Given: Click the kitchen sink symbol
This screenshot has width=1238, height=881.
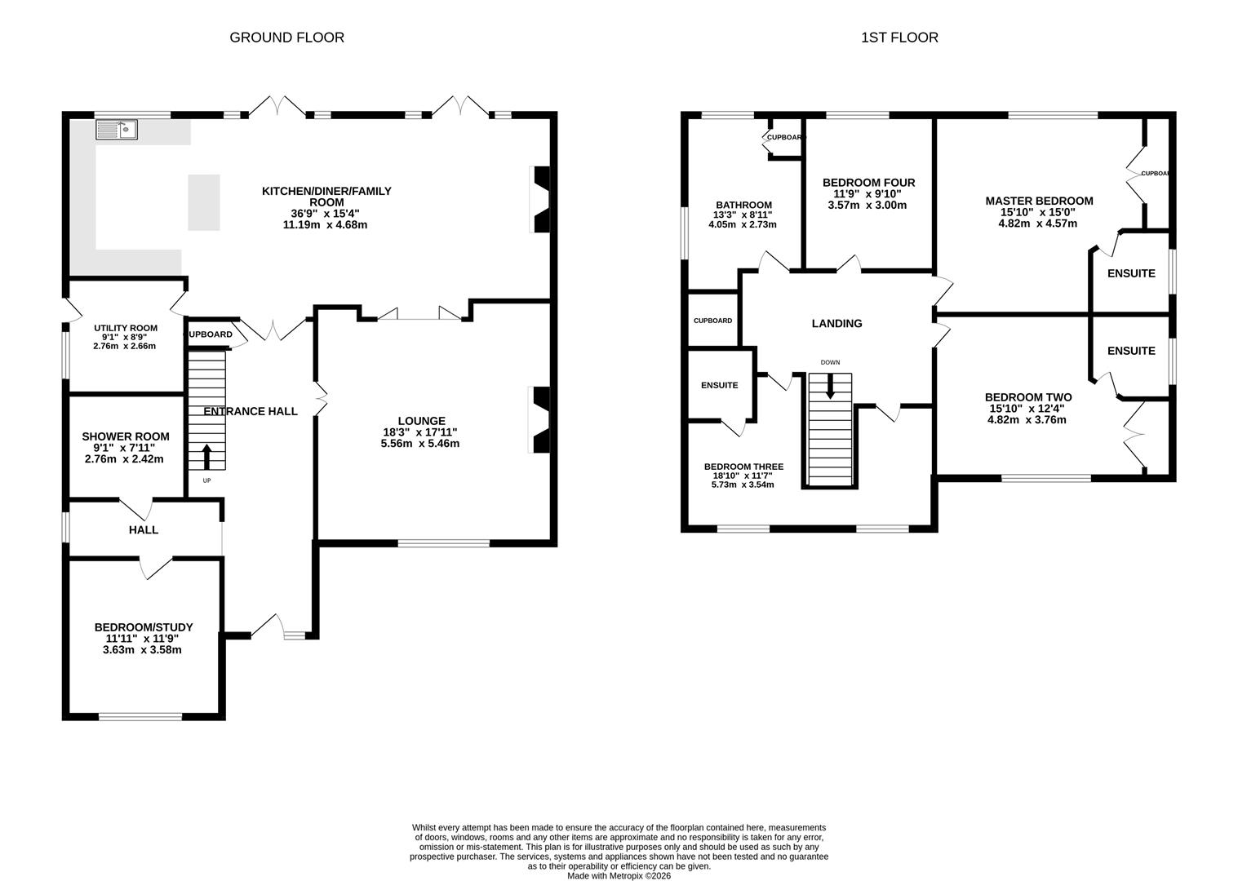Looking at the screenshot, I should (x=117, y=129).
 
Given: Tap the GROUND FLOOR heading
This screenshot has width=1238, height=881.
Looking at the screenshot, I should (x=286, y=38).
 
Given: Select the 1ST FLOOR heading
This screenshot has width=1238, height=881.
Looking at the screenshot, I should (x=899, y=38).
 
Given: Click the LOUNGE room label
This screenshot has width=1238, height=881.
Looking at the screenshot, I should (x=421, y=421).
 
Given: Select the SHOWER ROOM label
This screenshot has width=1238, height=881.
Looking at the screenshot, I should (x=125, y=436).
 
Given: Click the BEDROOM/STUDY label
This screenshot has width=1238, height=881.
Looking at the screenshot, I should (x=144, y=627).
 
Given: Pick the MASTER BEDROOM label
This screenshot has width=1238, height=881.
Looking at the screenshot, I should (x=1038, y=201).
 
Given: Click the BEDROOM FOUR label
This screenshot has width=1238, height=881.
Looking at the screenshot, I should (x=868, y=183).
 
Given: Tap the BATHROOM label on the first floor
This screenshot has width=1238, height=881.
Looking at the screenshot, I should (x=743, y=205).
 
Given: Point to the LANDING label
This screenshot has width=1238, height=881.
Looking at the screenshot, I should (x=836, y=324).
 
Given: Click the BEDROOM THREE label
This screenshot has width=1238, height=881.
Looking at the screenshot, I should (x=743, y=467).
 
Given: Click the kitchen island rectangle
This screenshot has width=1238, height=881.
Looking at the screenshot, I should (x=204, y=202).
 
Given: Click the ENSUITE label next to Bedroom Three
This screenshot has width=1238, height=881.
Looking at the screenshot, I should (x=719, y=385).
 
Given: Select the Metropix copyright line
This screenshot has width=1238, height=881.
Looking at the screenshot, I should (x=619, y=875).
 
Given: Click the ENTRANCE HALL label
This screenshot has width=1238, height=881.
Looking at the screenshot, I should (x=250, y=411).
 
